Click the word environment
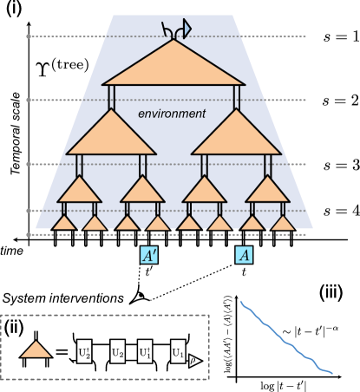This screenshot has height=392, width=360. (172, 114)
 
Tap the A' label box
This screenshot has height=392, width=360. (149, 255)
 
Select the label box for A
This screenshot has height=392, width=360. (245, 255)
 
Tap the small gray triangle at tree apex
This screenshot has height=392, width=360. (187, 29)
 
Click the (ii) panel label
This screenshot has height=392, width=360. (14, 328)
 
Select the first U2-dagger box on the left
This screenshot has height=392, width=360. (84, 352)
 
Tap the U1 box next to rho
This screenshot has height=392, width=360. (178, 352)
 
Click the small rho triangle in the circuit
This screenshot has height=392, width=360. (195, 360)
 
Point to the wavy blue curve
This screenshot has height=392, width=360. (286, 339)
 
